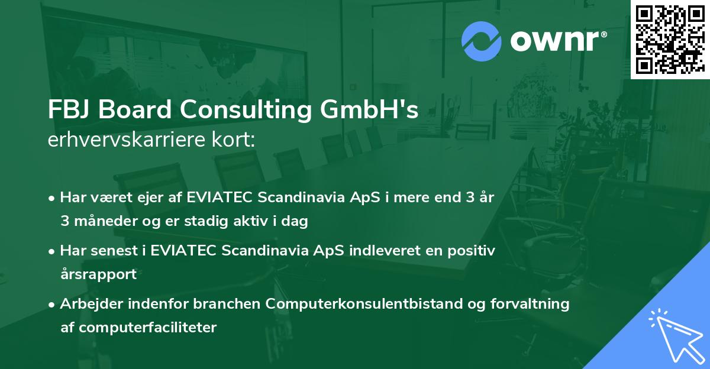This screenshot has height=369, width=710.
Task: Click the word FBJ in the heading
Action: [67, 110]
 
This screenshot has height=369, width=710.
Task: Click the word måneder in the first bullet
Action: [102, 221]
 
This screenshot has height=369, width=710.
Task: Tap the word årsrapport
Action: [98, 274]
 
